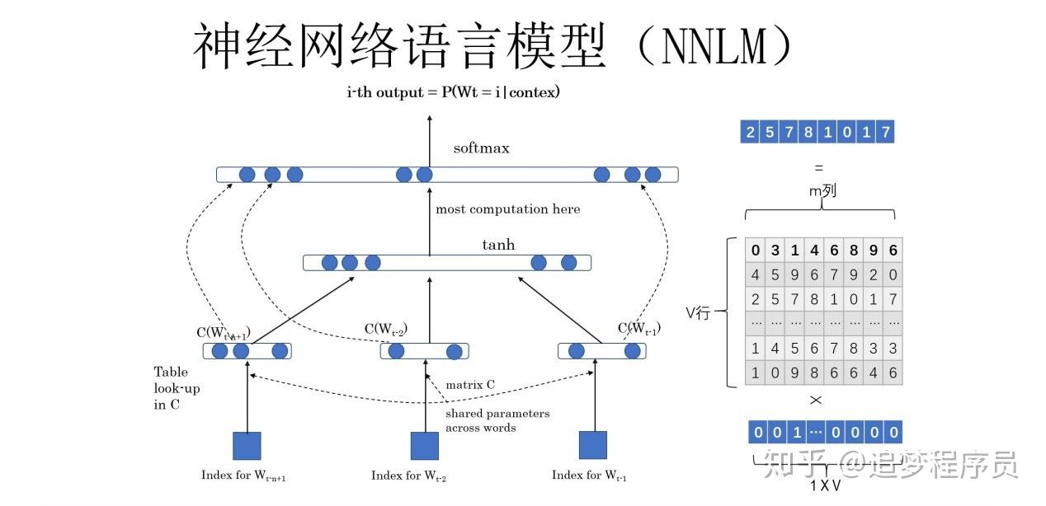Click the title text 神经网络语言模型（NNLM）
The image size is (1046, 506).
(x=493, y=45)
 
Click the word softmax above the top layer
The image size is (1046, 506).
(x=482, y=149)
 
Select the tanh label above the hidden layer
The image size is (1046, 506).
(x=498, y=245)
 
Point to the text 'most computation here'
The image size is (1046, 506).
(x=507, y=209)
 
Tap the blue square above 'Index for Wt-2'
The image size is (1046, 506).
(x=425, y=446)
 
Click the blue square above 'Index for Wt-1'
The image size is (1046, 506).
(x=592, y=445)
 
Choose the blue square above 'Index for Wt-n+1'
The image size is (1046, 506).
(x=247, y=446)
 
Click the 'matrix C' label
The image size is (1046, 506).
(x=470, y=385)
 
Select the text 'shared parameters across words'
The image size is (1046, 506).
(x=497, y=420)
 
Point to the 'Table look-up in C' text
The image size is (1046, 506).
(x=177, y=388)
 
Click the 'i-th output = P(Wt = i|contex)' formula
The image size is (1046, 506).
(x=453, y=92)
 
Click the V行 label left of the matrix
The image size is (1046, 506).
(x=698, y=313)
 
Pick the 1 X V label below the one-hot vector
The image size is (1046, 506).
(x=825, y=485)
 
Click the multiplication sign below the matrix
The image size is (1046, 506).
(x=816, y=401)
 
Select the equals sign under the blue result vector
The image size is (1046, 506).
(x=818, y=167)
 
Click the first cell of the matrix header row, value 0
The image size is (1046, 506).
(x=755, y=251)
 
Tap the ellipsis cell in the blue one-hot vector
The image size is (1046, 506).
(x=815, y=433)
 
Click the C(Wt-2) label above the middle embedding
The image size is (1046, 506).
(x=386, y=329)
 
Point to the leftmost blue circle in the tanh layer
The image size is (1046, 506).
(x=330, y=263)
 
